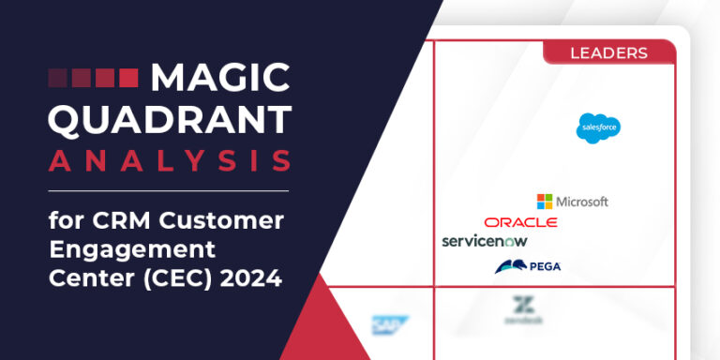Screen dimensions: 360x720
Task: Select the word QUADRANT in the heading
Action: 170,119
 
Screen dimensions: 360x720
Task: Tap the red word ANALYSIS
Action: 170,160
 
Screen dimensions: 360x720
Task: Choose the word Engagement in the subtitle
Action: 132,251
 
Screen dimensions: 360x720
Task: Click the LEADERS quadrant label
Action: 608,52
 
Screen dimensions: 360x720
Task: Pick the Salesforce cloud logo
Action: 598,127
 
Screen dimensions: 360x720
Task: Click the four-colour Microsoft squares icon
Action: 545,202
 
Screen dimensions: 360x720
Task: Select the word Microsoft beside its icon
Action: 582,202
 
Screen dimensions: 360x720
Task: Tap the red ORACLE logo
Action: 520,222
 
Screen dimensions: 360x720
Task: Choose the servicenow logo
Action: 485,241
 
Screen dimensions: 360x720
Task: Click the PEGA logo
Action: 528,266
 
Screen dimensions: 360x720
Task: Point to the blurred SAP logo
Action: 385,324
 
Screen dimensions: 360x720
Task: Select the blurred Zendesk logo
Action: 521,310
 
